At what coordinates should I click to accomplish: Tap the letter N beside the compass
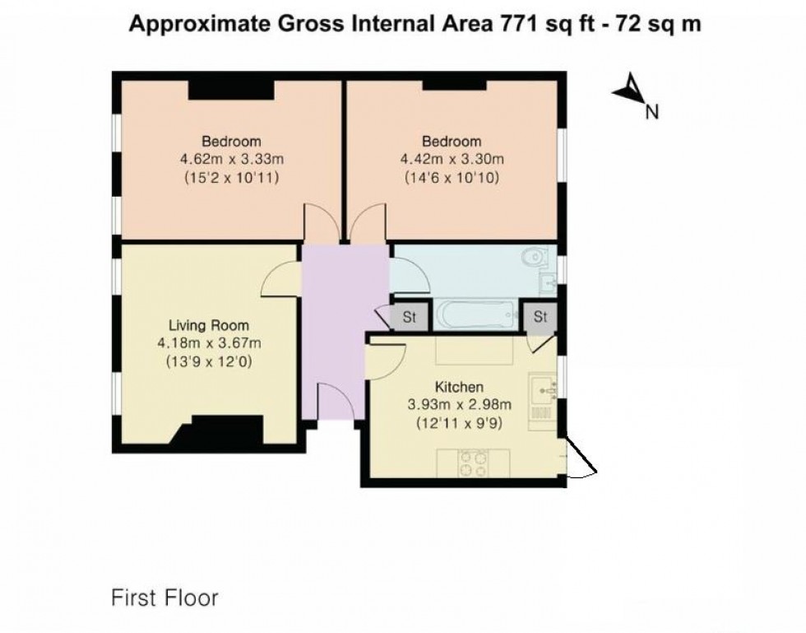(x=652, y=114)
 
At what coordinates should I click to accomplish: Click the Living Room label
(x=209, y=325)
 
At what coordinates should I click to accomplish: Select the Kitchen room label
(x=458, y=387)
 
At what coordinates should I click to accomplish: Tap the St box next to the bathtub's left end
(x=409, y=318)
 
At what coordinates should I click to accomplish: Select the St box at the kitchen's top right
(x=540, y=317)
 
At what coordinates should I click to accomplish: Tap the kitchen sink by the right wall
(x=544, y=389)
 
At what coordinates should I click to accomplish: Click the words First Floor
(x=165, y=598)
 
